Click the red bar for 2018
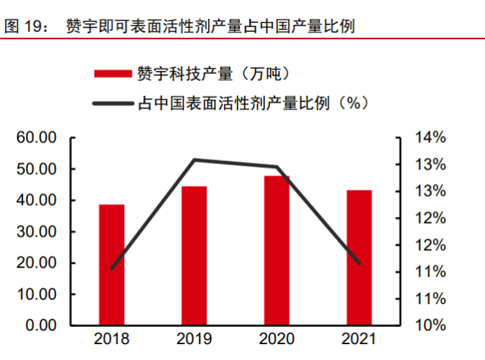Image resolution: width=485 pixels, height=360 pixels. point(111,265)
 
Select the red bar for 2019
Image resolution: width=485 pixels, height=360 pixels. point(194,256)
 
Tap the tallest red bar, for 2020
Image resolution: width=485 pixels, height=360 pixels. point(276,250)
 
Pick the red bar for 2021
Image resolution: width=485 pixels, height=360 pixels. point(359,258)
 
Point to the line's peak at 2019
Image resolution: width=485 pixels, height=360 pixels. point(194,160)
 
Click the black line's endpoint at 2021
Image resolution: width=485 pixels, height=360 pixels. point(359,263)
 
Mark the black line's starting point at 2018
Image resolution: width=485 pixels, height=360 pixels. point(112,268)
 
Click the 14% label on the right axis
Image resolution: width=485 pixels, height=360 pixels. point(431,138)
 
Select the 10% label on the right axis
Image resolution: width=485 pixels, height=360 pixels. point(431,325)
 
